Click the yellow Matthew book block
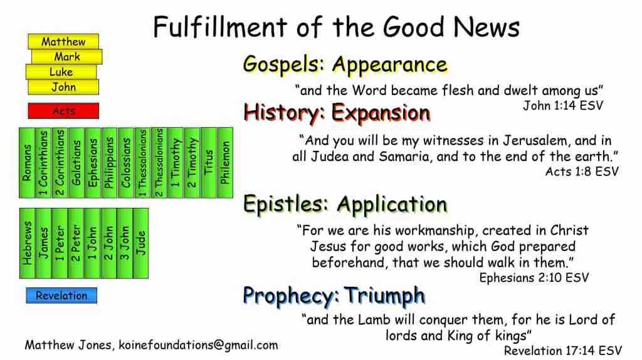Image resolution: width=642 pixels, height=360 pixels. coord(63,41)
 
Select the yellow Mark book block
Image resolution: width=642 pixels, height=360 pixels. coord(66,56)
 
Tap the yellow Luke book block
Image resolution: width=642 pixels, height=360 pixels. coord(61,71)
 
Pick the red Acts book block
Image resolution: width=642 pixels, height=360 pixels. coord(63,110)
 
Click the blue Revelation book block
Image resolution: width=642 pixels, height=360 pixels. coord(61,296)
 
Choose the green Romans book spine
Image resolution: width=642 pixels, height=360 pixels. coord(27,163)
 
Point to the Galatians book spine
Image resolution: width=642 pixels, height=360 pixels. coord(76,163)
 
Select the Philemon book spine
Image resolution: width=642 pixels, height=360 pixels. coord(225,163)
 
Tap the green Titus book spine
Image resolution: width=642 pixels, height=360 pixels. coord(208,163)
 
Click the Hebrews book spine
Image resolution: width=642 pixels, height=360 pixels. coord(28,244)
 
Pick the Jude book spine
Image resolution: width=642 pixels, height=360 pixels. coord(141,244)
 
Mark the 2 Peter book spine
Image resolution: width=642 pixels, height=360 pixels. coord(76,244)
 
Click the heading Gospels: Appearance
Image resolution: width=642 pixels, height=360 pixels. coord(345,65)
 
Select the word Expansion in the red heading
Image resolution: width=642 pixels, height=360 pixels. coord(381,113)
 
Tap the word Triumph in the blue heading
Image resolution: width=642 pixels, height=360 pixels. coord(384,296)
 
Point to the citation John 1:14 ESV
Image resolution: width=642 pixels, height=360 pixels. coord(563,106)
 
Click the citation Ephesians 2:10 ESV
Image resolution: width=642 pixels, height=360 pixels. coord(534,278)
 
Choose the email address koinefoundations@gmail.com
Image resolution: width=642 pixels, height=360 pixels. coord(198,345)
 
